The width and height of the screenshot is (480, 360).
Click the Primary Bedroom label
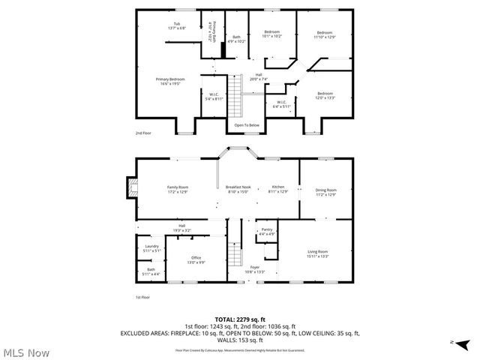(170, 81)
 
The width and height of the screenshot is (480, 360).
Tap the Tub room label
(176, 26)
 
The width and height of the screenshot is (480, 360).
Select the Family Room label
(178, 189)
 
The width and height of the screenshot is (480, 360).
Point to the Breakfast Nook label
(238, 189)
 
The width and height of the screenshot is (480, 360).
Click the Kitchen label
(278, 189)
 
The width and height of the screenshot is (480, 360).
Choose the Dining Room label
(325, 192)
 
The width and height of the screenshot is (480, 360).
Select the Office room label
(196, 259)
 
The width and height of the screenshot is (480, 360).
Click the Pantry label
(267, 232)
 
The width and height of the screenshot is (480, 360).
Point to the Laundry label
(151, 248)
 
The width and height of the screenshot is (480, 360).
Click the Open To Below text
(247, 125)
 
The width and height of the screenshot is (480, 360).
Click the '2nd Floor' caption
(143, 133)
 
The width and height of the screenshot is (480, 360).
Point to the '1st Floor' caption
(143, 298)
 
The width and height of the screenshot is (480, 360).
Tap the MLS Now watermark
(26, 352)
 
